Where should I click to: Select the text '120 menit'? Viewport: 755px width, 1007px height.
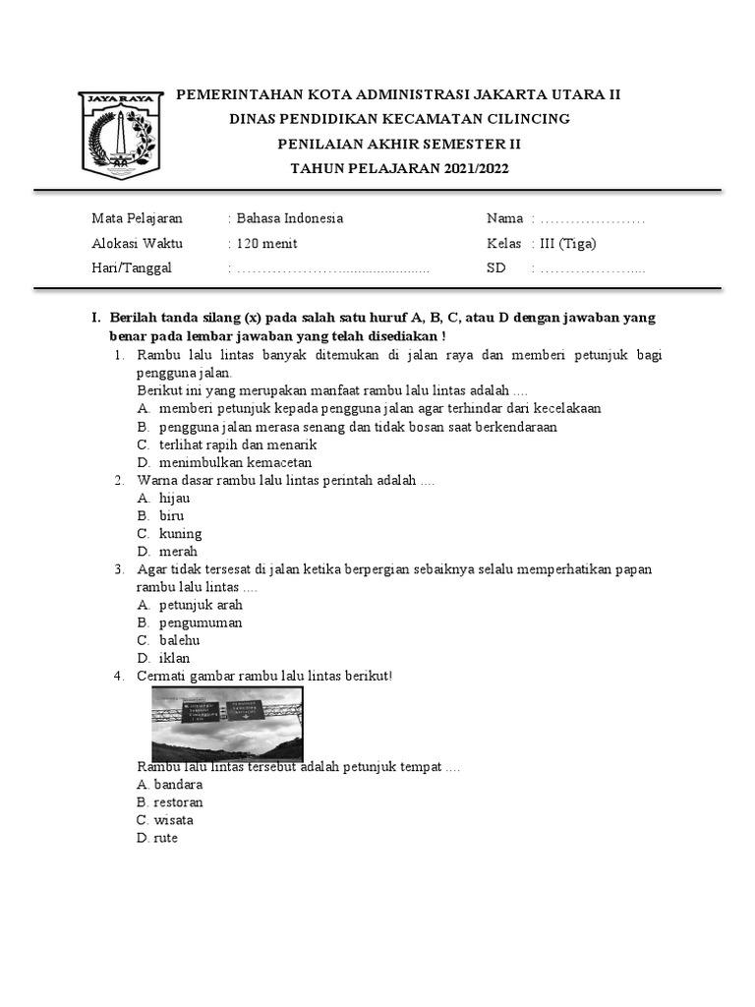[x=266, y=244]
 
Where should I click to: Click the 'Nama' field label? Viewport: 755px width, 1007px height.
[x=504, y=218]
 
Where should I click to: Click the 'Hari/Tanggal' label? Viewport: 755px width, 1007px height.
[x=132, y=267]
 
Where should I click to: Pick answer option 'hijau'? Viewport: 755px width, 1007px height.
[x=174, y=499]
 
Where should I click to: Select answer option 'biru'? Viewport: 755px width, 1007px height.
[x=171, y=516]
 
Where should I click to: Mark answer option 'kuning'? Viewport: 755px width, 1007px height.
[x=180, y=534]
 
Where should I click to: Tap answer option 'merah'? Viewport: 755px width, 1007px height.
[x=178, y=552]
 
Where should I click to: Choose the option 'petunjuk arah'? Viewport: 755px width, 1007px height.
[x=201, y=605]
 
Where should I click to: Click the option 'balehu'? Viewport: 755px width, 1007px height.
[x=179, y=640]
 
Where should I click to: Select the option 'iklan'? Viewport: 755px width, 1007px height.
[x=174, y=658]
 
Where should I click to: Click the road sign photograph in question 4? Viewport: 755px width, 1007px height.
[x=227, y=724]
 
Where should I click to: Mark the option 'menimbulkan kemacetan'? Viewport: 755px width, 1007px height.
[x=235, y=462]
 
